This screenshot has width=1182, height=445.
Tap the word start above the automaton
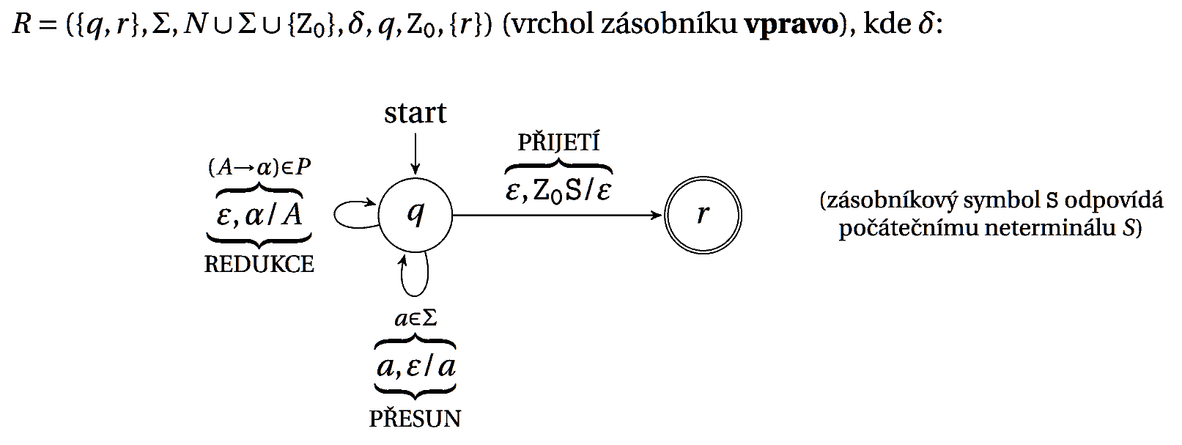tap(415, 113)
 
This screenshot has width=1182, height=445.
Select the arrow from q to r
tap(557, 215)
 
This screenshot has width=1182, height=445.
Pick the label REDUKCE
tap(259, 265)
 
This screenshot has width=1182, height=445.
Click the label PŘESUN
tap(415, 419)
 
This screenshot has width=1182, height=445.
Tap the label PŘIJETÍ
tap(559, 142)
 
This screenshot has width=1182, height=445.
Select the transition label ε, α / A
tap(259, 215)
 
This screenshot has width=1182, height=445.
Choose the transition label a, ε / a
tap(415, 367)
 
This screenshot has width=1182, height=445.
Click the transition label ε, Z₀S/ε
tap(558, 192)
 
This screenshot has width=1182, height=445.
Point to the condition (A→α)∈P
tap(259, 168)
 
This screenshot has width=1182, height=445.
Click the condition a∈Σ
tap(415, 318)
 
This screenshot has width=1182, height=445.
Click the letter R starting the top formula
tap(21, 23)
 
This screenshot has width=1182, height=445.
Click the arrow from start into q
tap(415, 153)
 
